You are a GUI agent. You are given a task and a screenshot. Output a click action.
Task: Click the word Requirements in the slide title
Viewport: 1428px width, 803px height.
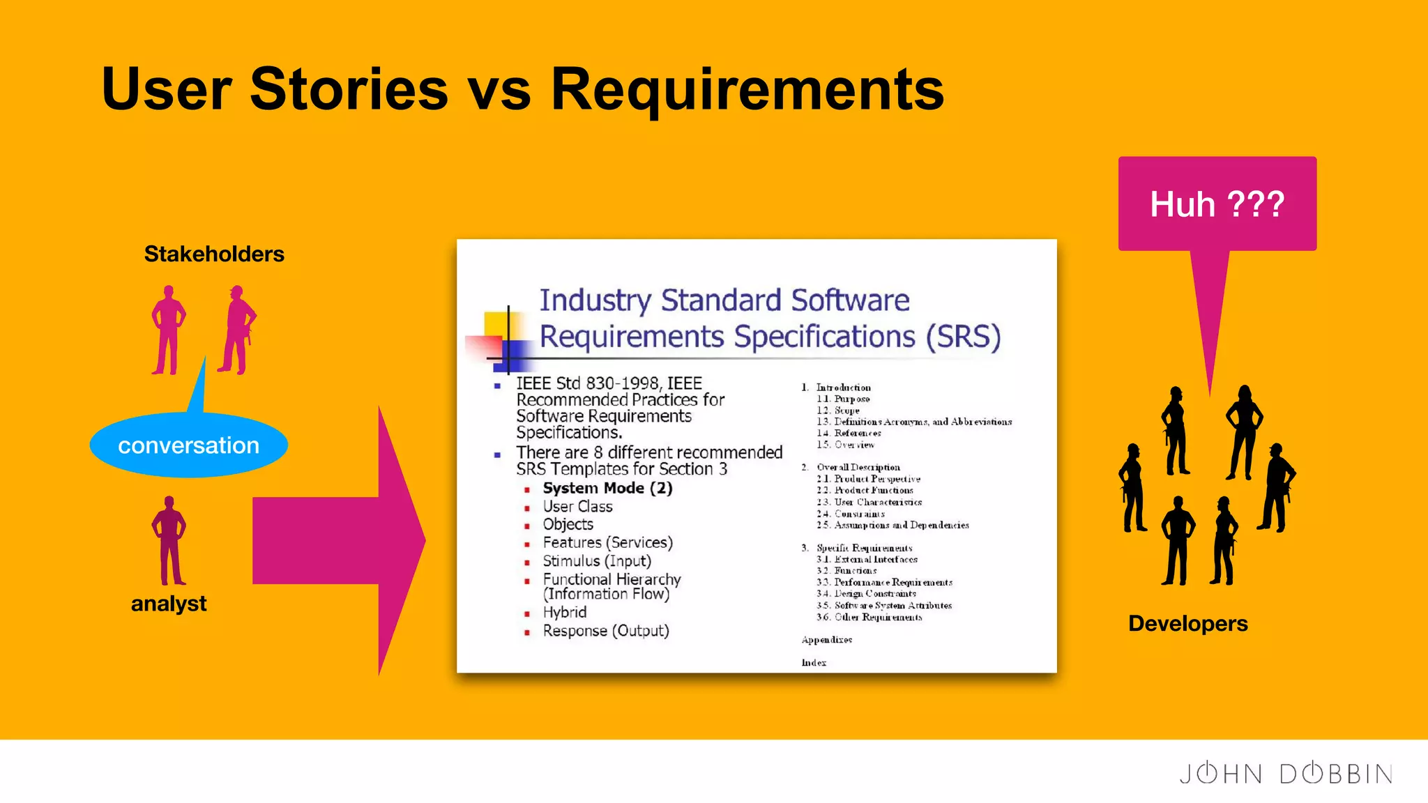point(747,89)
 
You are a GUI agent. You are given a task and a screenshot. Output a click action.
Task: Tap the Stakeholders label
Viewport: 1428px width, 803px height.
point(214,254)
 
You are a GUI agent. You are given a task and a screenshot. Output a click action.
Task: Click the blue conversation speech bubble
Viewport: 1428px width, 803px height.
point(188,445)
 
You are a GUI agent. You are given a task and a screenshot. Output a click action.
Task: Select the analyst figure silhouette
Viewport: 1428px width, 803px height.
point(169,541)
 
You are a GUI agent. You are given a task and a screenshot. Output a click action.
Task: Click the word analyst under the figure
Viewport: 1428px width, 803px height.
point(169,604)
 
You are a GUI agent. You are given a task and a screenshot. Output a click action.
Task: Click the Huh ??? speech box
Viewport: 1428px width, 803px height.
point(1217,204)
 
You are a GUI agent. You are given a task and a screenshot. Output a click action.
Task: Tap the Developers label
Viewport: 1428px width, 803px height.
point(1187,623)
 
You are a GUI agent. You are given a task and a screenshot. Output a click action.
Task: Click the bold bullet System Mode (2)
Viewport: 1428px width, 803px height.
point(607,488)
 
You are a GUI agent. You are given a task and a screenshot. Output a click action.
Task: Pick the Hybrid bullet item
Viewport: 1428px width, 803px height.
point(564,612)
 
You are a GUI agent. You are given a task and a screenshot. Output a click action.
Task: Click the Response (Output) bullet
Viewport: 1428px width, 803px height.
point(605,631)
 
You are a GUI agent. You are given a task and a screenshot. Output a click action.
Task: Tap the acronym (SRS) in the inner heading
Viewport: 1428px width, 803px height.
point(963,337)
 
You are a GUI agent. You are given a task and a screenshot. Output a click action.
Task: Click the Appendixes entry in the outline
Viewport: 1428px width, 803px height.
point(826,640)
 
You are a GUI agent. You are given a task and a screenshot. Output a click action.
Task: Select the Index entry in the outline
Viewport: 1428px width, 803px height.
point(814,663)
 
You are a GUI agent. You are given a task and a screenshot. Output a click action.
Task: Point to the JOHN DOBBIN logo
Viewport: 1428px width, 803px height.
point(1285,774)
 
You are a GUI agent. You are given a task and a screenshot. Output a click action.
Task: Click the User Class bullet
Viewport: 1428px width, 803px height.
point(577,507)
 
